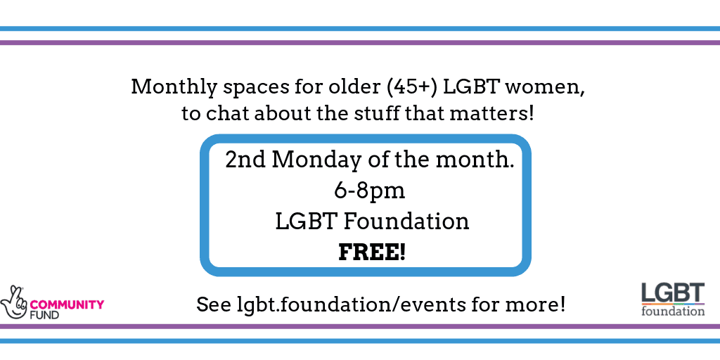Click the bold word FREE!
[x=372, y=252]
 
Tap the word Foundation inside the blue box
[x=406, y=221]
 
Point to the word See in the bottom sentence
[x=214, y=304]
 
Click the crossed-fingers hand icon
[x=14, y=302]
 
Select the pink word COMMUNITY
[x=67, y=304]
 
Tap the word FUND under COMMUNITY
[x=44, y=315]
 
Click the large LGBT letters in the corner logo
[x=673, y=292]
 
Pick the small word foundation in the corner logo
[x=673, y=311]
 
